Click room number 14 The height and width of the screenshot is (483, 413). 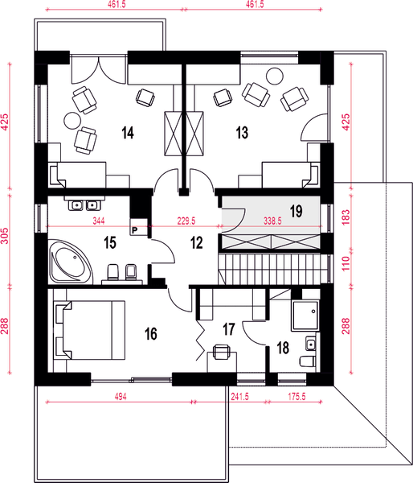[128, 133]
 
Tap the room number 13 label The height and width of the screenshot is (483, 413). [242, 133]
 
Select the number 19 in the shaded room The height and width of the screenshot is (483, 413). [296, 211]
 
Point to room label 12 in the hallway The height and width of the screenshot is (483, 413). [197, 243]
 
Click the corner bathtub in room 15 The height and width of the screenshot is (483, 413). [71, 262]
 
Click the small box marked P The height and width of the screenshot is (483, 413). [135, 230]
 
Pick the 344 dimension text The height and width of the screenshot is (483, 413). [99, 221]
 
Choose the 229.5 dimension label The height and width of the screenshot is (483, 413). [186, 221]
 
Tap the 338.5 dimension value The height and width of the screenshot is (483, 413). [272, 221]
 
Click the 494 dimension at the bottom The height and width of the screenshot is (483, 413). [121, 396]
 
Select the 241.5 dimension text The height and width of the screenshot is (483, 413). [239, 396]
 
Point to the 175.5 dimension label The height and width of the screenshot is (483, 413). [296, 396]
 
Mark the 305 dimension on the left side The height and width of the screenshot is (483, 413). [6, 236]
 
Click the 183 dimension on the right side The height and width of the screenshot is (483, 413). [346, 217]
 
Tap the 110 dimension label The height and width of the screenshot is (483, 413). [346, 263]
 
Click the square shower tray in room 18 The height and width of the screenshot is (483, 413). [305, 315]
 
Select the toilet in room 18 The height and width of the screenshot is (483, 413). [308, 361]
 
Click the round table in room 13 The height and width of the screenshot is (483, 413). [274, 76]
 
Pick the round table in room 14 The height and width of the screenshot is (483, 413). [73, 121]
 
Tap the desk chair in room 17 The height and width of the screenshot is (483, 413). [221, 352]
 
